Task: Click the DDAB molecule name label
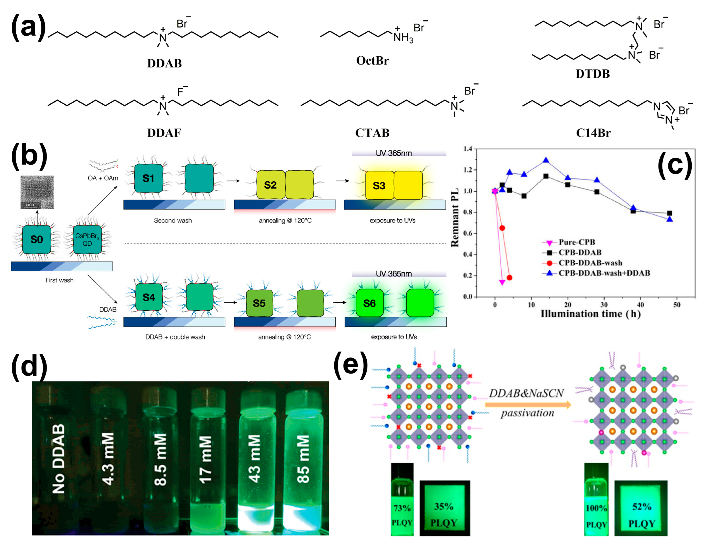point(164,63)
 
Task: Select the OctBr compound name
point(372,60)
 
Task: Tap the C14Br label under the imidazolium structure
point(593,133)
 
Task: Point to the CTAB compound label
point(372,133)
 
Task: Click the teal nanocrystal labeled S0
point(37,239)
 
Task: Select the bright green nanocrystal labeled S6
point(370,303)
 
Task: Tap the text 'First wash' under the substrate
point(59,280)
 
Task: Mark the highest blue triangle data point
point(546,160)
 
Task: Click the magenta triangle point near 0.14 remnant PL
point(502,282)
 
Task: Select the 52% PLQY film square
point(641,508)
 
